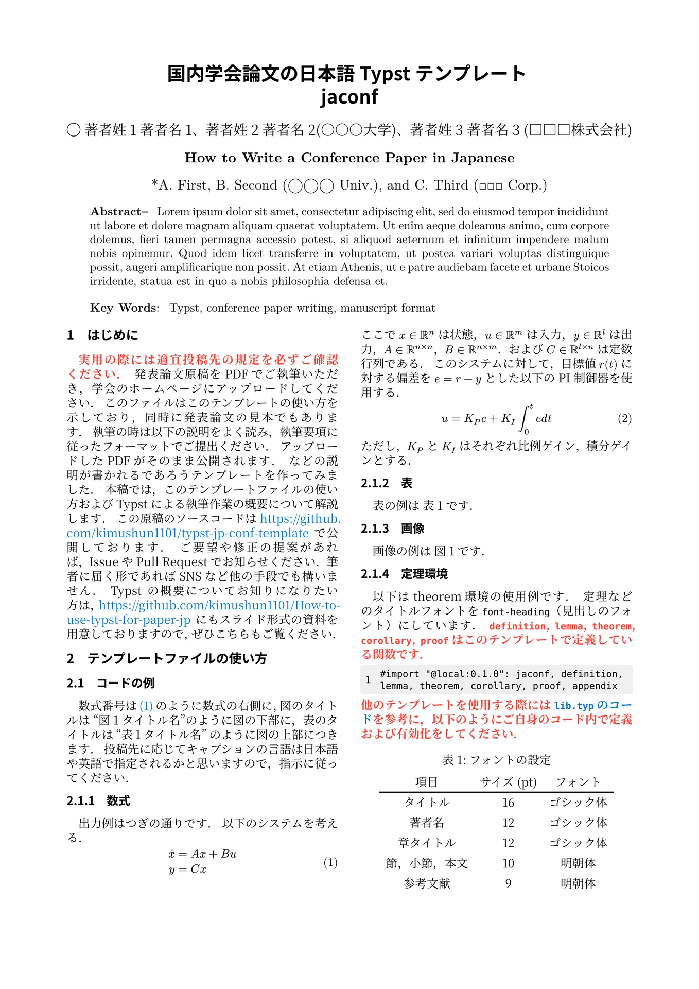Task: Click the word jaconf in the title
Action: [349, 97]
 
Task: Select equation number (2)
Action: [624, 418]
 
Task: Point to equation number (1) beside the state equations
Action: [330, 862]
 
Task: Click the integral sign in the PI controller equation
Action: [525, 419]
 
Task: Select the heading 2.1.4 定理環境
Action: [404, 574]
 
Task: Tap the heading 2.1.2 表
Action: [387, 483]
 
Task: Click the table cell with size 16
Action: [508, 803]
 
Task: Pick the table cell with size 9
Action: [508, 884]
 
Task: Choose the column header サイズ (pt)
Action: [508, 782]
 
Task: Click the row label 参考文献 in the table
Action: [427, 884]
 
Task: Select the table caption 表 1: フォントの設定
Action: [496, 760]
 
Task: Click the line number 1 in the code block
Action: [368, 680]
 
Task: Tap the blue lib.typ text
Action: [573, 706]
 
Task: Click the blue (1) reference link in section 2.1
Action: [146, 706]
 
